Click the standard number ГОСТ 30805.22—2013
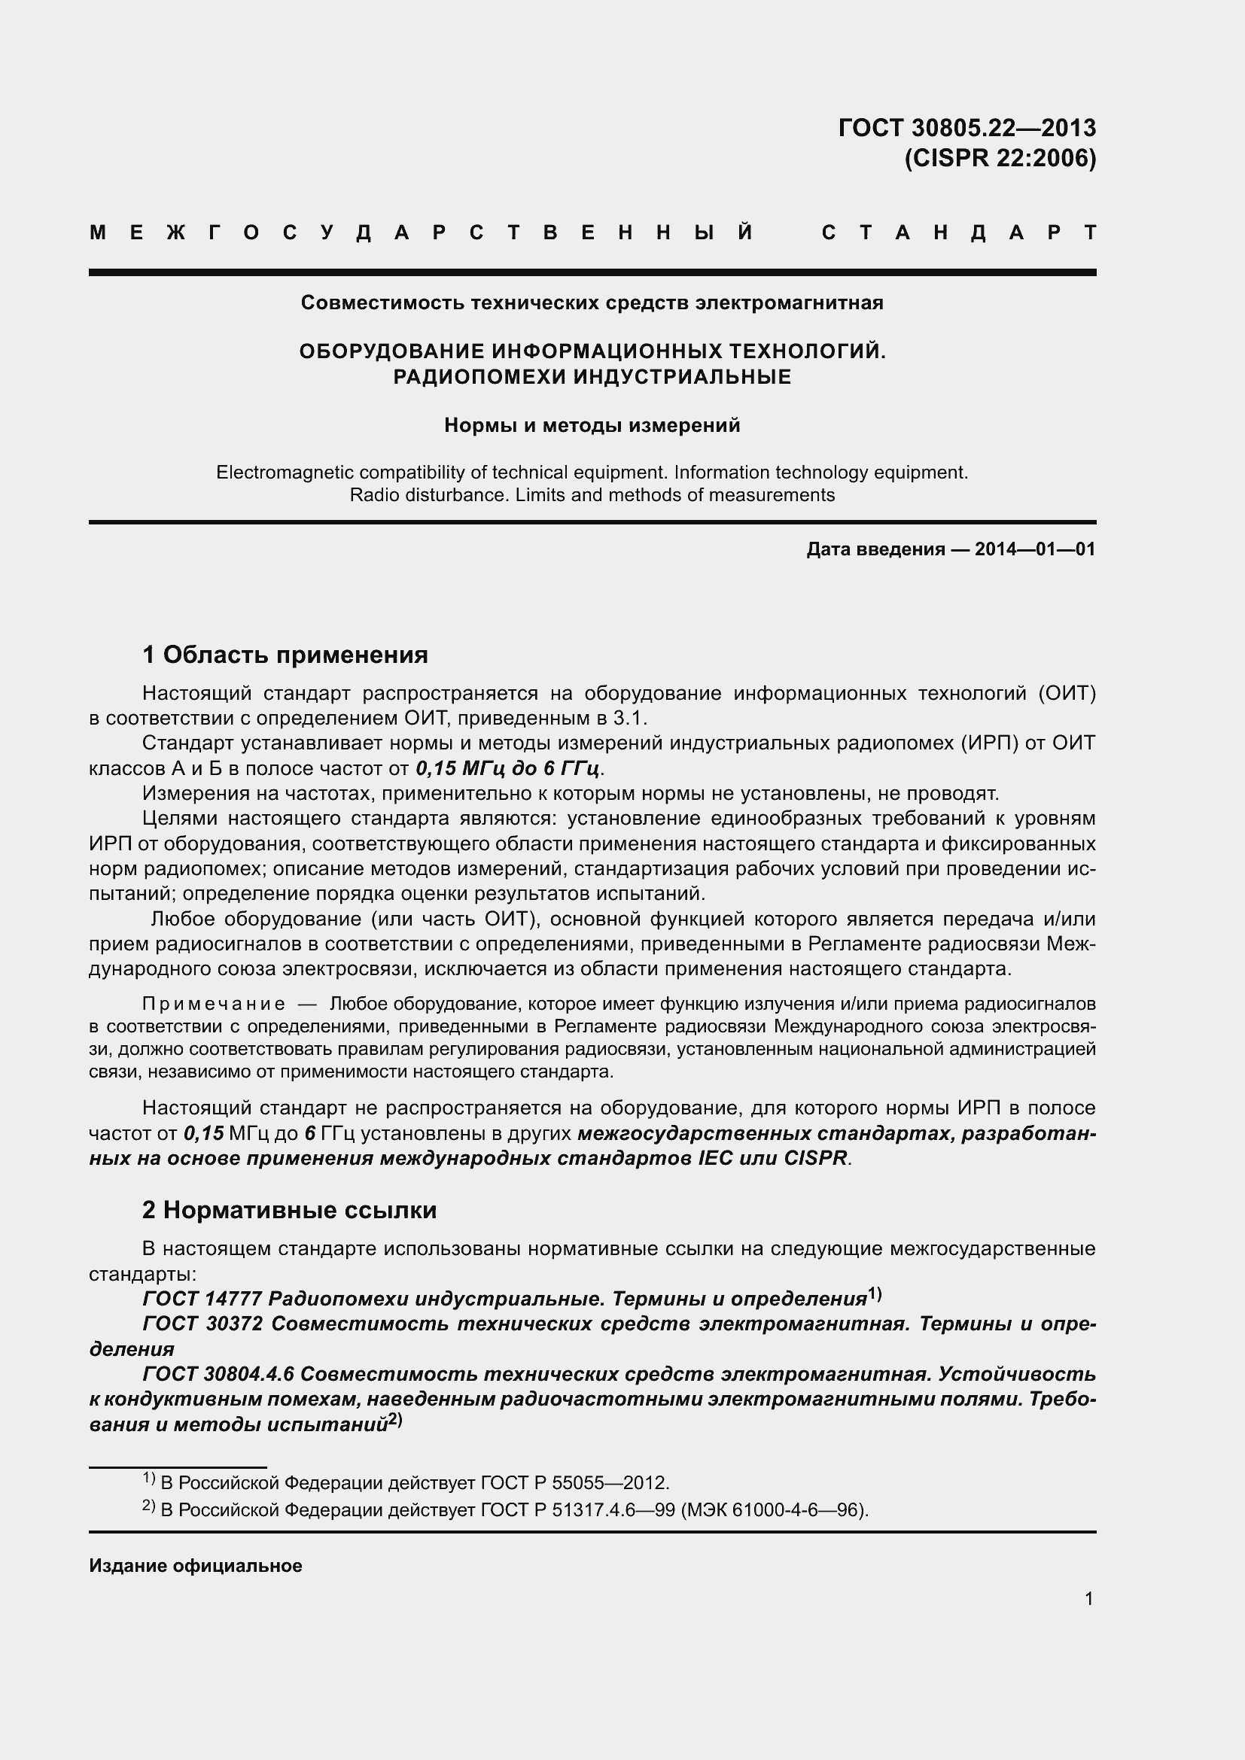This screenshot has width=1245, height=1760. pyautogui.click(x=966, y=127)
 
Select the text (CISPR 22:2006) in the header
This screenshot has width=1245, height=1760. pyautogui.click(x=1000, y=158)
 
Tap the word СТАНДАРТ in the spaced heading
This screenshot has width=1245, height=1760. pyautogui.click(x=958, y=233)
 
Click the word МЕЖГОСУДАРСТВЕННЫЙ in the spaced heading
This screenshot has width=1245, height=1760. pyautogui.click(x=421, y=233)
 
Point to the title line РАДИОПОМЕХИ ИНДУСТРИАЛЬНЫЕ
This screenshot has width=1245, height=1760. pyautogui.click(x=591, y=376)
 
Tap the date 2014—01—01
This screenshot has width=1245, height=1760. pyautogui.click(x=1034, y=549)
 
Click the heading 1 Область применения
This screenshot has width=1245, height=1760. pyautogui.click(x=285, y=655)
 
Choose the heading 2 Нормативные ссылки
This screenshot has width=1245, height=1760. pyautogui.click(x=289, y=1210)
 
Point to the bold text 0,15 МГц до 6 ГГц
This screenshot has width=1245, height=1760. pyautogui.click(x=507, y=768)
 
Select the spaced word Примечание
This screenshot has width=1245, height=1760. pyautogui.click(x=214, y=1005)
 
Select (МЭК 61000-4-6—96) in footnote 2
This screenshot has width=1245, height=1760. pyautogui.click(x=775, y=1510)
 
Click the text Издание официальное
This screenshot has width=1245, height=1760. pyautogui.click(x=196, y=1565)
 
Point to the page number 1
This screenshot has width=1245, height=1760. pyautogui.click(x=1088, y=1598)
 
